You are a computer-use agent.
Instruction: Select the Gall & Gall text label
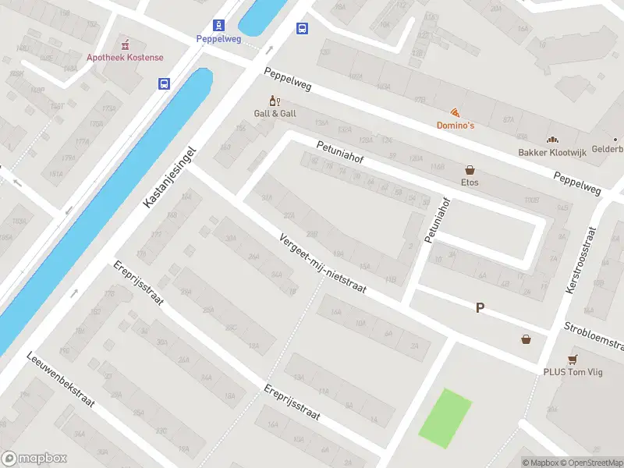275,114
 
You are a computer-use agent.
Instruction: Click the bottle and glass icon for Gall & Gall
274,101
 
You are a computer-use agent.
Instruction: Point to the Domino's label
455,126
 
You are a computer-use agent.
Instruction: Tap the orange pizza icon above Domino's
455,112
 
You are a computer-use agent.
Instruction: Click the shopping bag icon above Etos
470,169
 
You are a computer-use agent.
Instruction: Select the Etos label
470,183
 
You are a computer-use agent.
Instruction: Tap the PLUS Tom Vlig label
573,372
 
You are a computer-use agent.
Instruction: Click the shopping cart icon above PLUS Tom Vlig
573,359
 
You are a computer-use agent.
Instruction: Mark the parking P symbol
480,308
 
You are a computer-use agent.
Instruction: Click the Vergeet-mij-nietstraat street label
333,266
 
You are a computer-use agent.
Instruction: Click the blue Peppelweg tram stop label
218,38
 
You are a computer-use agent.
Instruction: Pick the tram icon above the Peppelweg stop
218,25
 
